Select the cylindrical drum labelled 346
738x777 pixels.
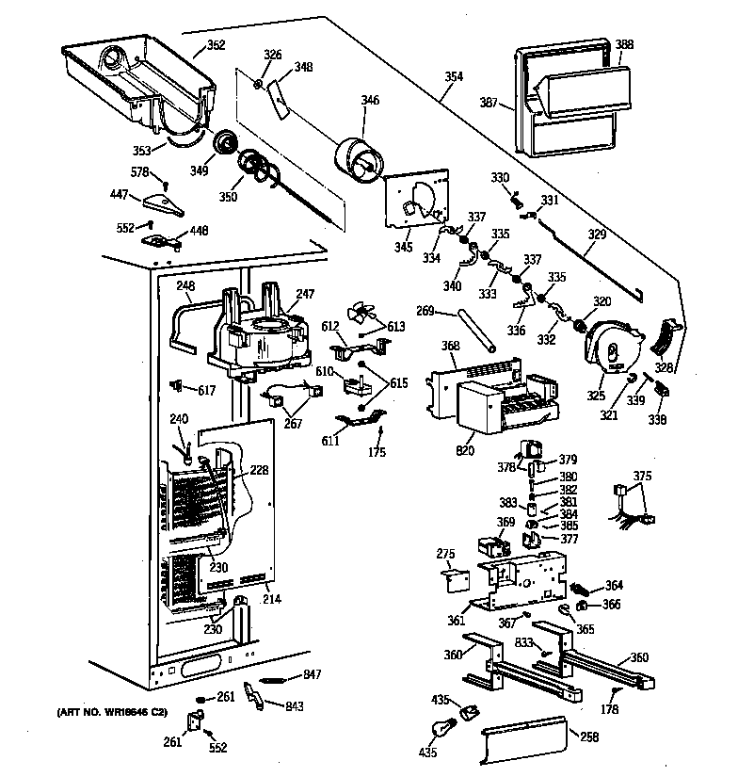click(x=359, y=156)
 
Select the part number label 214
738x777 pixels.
click(x=272, y=599)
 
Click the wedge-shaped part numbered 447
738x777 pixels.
click(x=168, y=201)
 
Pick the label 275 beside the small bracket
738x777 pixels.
click(x=445, y=554)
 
